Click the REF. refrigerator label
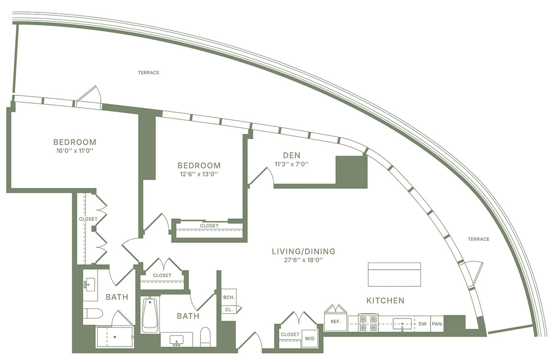coord(335,321)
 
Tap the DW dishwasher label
coord(422,324)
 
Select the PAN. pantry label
coord(437,324)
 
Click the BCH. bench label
coord(229,297)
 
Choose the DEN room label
coord(292,155)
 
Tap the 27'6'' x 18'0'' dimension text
coord(303,260)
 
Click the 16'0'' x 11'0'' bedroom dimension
coord(75,151)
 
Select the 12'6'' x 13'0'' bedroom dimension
coord(199,174)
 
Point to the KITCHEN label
coord(385,300)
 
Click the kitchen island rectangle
coord(394,274)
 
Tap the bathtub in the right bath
coord(150,315)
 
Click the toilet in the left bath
coord(93,313)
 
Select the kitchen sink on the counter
coord(402,323)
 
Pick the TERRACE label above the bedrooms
coord(148,73)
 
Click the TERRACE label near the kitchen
coord(478,239)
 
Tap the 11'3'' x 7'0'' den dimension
coord(292,164)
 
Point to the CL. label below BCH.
coord(229,310)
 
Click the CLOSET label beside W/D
coord(290,334)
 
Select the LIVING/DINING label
coord(304,251)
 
